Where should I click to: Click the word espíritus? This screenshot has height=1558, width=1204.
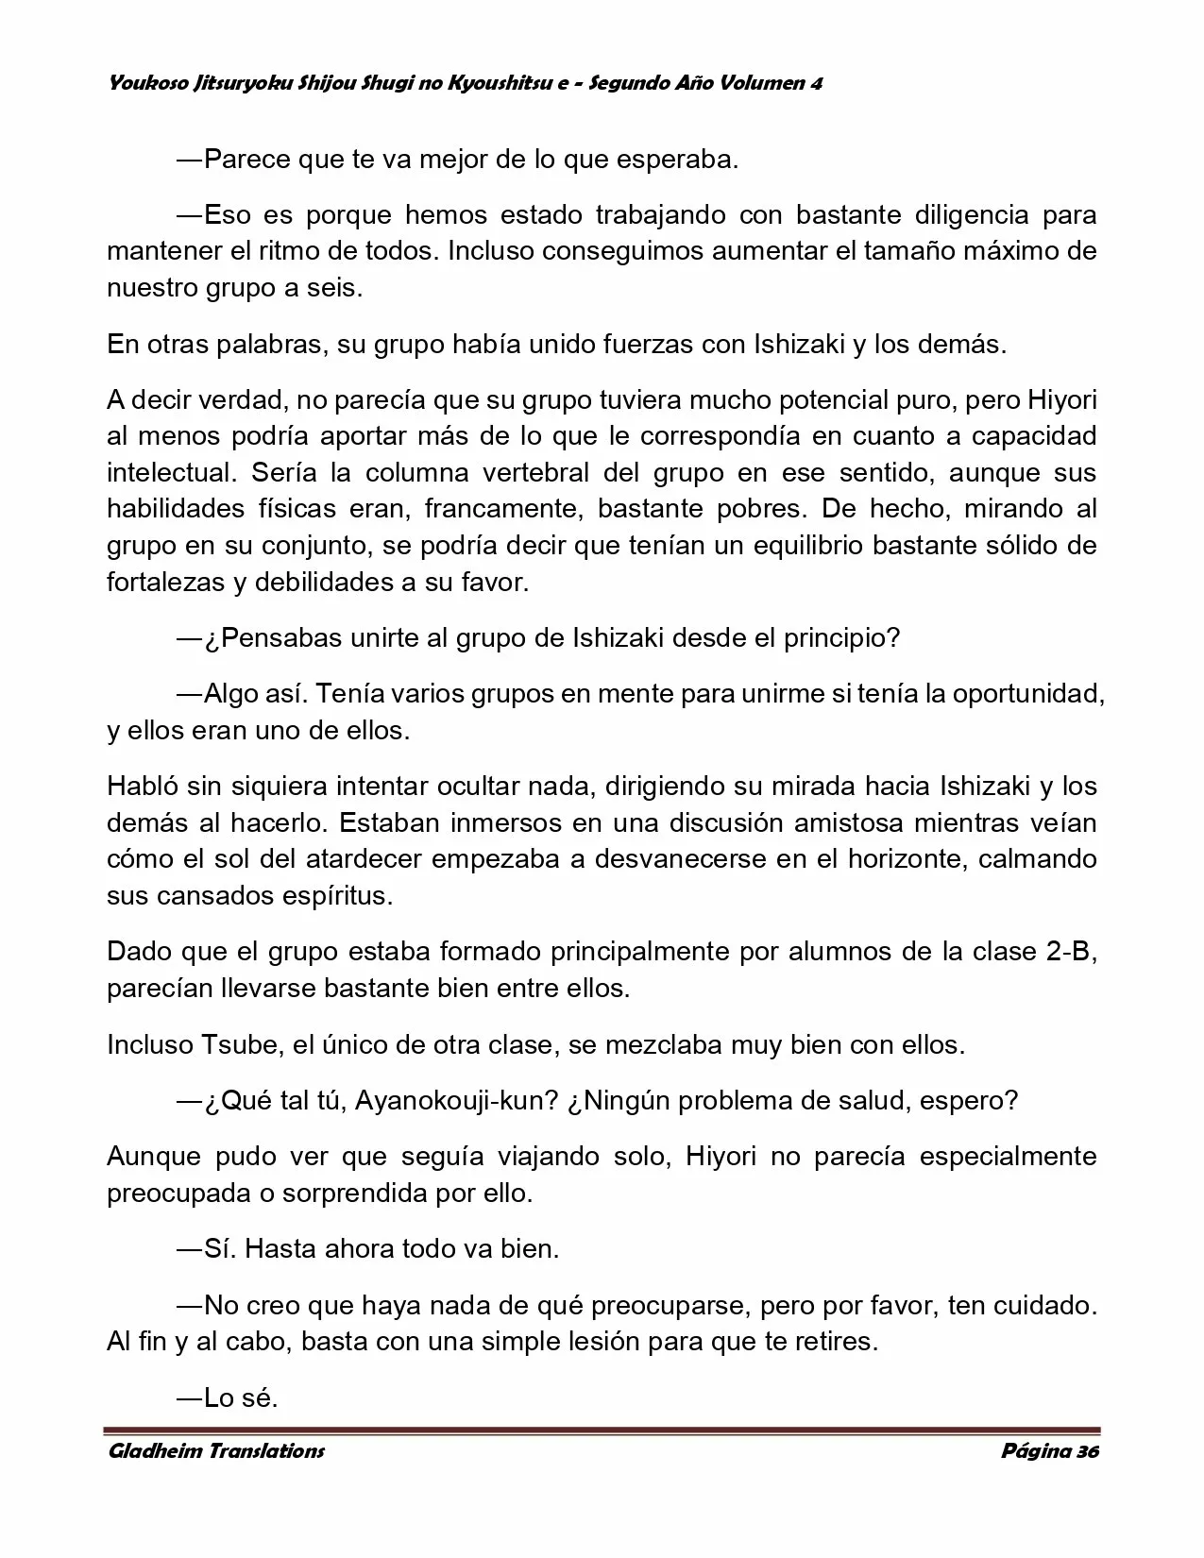[x=337, y=896]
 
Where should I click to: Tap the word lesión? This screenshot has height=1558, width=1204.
[x=533, y=1342]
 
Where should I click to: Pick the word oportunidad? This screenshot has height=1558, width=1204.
[x=1026, y=694]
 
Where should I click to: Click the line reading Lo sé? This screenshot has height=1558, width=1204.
[x=227, y=1398]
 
